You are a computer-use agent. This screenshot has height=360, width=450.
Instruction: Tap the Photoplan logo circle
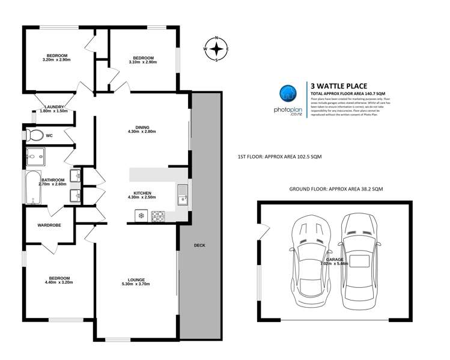click(x=288, y=93)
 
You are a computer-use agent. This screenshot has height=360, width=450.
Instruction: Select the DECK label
click(x=200, y=246)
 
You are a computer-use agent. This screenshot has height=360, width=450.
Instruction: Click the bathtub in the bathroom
click(x=29, y=188)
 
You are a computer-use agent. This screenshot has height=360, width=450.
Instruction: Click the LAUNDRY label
click(x=53, y=107)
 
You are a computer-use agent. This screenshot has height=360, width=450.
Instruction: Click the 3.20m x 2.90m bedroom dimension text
click(x=57, y=59)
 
